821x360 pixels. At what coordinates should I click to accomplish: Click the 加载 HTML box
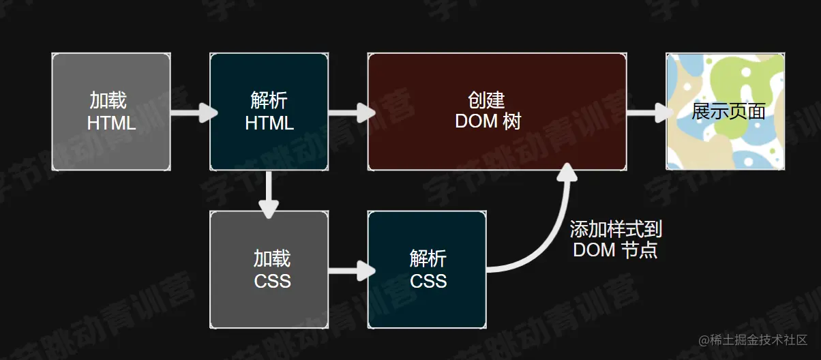[111, 112]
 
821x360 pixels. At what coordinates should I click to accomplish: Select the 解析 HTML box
[269, 112]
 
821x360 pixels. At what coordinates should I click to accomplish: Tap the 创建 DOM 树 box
[496, 112]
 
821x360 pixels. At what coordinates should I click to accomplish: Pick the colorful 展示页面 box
[726, 112]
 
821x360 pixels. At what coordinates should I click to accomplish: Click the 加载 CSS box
[269, 270]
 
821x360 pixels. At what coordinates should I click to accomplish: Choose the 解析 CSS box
[427, 270]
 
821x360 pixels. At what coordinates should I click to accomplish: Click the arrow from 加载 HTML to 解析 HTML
[191, 112]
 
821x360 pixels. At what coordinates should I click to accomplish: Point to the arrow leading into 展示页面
[646, 112]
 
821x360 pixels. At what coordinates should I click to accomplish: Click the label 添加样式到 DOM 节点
[616, 239]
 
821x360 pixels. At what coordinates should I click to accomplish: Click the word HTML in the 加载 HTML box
[111, 123]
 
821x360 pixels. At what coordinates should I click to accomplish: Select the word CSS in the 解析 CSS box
[428, 280]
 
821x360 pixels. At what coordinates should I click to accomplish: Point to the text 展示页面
[728, 112]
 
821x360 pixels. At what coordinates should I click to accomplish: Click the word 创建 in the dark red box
[486, 100]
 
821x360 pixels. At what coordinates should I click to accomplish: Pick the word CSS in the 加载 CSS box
[272, 280]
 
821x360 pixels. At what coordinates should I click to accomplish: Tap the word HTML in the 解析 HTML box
[269, 123]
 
